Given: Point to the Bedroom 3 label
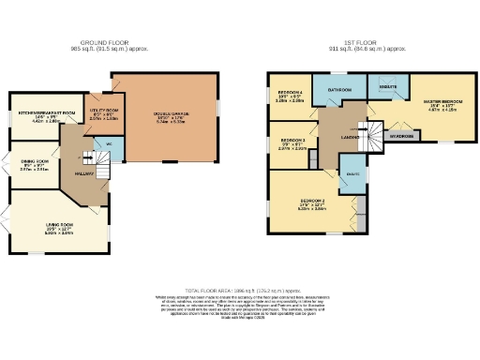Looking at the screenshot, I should pyautogui.click(x=292, y=142).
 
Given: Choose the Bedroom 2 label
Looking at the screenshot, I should pyautogui.click(x=312, y=202).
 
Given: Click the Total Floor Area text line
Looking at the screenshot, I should pyautogui.click(x=240, y=292).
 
